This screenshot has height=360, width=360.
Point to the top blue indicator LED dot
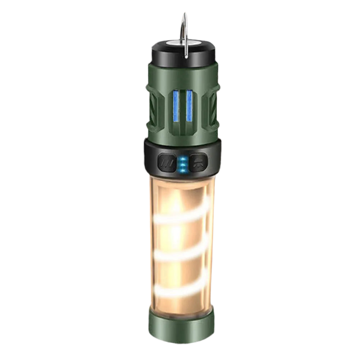click(182, 158)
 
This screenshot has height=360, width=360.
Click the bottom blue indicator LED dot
click(182, 169)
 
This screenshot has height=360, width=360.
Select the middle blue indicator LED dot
click(182, 164)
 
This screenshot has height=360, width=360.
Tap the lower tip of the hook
click(186, 56)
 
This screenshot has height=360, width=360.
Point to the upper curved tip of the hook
click(185, 15)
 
